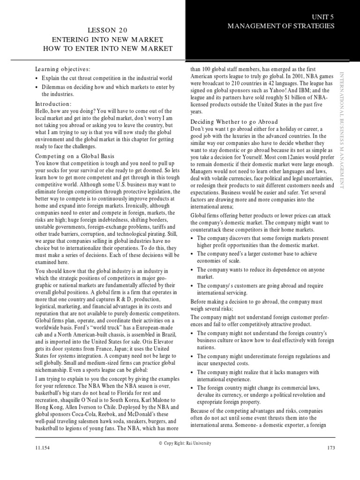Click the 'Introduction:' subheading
(53, 104)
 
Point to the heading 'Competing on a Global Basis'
(75, 156)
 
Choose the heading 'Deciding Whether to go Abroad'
(234, 121)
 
